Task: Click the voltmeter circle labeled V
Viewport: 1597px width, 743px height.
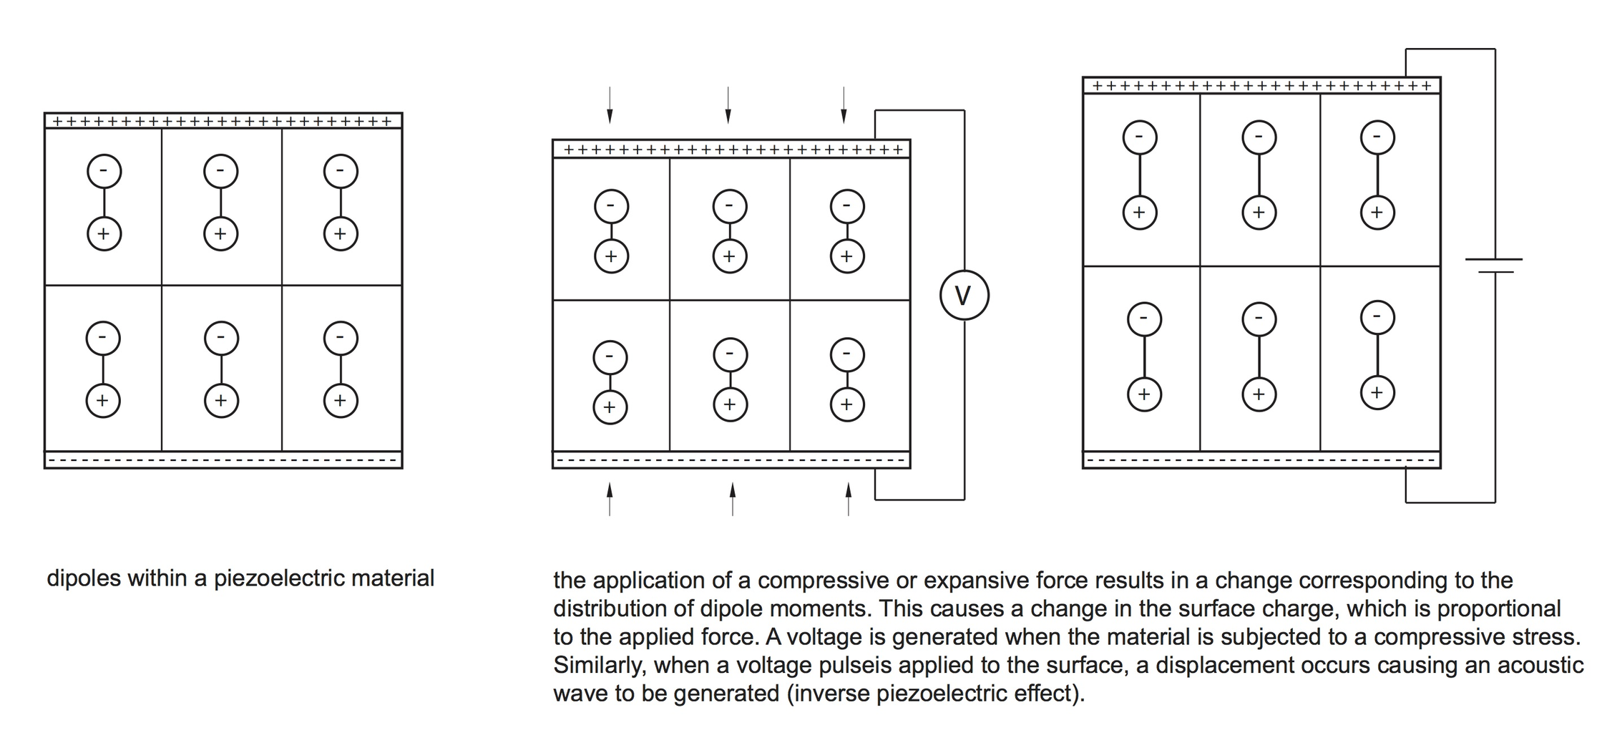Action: [x=964, y=295]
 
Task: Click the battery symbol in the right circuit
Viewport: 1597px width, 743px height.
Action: [x=1493, y=266]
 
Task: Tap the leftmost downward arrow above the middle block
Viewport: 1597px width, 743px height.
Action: [x=610, y=105]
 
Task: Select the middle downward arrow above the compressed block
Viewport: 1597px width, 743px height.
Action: [x=728, y=105]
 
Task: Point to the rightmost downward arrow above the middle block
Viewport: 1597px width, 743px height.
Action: [x=844, y=105]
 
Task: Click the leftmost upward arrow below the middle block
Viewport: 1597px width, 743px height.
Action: [x=610, y=498]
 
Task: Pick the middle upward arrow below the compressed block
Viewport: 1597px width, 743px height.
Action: [x=732, y=498]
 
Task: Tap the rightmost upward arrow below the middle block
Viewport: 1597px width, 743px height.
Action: [x=849, y=498]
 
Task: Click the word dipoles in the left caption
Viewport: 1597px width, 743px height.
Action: [x=84, y=578]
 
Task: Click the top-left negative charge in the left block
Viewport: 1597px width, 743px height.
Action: [x=104, y=171]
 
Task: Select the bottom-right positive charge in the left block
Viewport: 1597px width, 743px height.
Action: [x=341, y=400]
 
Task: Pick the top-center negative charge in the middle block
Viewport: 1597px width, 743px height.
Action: [x=730, y=207]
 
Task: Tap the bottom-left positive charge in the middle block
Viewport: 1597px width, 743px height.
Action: [x=610, y=407]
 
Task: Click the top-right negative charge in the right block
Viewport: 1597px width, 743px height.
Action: [x=1377, y=137]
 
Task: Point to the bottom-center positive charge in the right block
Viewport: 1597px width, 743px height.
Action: [x=1259, y=394]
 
